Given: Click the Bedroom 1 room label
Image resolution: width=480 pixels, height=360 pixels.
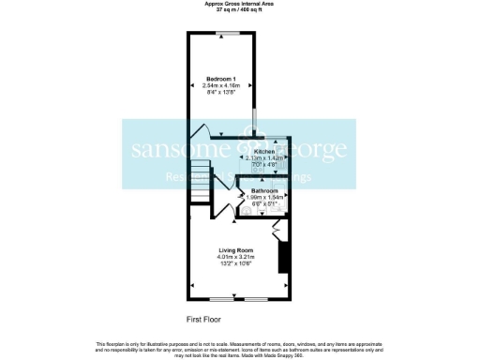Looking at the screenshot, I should click(221, 77).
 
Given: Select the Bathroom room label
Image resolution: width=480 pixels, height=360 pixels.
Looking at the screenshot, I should click(264, 190).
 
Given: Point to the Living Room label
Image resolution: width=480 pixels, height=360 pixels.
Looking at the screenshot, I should click(236, 249).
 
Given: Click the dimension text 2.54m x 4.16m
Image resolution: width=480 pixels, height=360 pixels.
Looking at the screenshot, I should click(221, 84).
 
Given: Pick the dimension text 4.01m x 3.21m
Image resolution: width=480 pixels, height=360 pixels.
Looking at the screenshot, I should click(236, 257).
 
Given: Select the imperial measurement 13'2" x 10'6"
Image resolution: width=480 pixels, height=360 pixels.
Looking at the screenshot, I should click(236, 264).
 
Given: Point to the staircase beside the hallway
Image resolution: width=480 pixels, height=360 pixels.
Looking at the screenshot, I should click(200, 181).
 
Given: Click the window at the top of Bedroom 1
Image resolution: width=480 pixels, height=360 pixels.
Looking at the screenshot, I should click(223, 34).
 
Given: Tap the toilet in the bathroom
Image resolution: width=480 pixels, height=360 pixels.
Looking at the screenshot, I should click(246, 211).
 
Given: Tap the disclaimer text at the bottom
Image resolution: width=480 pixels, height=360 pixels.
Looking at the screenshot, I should click(240, 348).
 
